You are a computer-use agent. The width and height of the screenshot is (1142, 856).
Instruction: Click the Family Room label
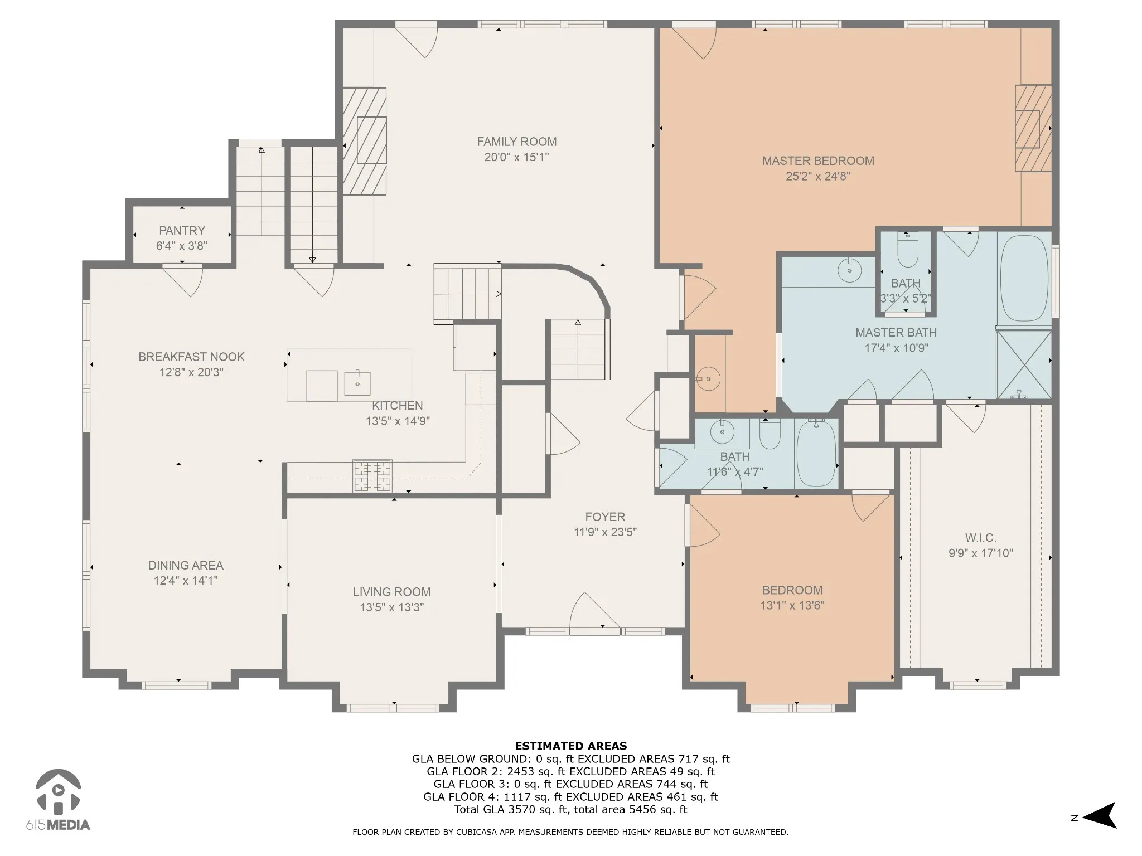point(516,142)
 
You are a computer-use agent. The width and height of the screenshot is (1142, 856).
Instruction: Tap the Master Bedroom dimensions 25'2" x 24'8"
point(818,177)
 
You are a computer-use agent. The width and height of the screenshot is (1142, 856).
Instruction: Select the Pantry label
point(182,230)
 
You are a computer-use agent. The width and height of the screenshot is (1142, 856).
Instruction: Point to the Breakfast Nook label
point(191,357)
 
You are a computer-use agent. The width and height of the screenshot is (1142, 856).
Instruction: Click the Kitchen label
point(398,406)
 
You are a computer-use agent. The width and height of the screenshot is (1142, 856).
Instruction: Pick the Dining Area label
point(186,565)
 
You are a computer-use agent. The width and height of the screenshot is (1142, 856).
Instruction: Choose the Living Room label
point(391,592)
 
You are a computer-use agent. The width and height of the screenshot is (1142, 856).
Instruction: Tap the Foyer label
point(605,517)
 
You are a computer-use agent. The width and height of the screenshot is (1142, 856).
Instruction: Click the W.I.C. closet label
point(980,538)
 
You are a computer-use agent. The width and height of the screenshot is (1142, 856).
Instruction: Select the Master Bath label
point(896,333)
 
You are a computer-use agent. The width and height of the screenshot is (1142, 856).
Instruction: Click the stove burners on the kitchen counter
point(372,476)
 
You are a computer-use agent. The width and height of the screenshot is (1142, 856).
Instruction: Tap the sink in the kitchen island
point(357,383)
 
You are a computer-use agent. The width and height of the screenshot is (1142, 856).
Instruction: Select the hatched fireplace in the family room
point(364,141)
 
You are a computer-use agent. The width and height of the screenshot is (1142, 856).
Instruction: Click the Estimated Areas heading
point(570,746)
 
